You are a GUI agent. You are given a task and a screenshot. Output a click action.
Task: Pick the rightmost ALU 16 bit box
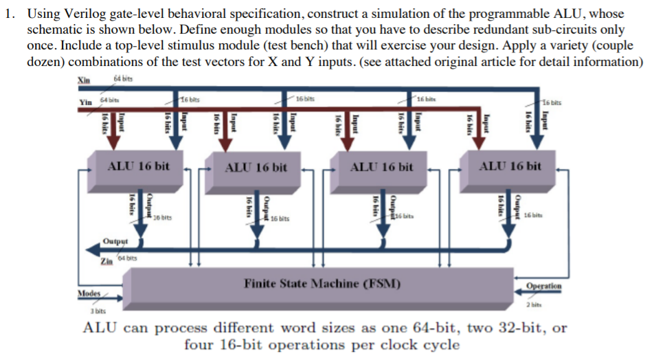[510, 167]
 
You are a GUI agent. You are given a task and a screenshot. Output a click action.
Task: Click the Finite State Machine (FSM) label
[323, 283]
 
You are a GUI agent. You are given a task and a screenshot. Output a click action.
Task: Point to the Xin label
[84, 80]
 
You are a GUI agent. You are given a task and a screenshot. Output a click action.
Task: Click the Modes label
[89, 292]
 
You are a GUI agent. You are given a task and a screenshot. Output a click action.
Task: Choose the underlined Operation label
[543, 286]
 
